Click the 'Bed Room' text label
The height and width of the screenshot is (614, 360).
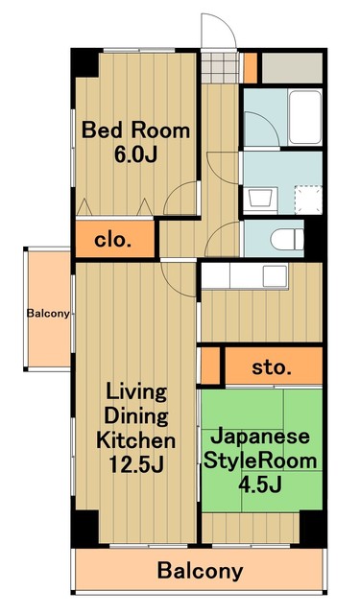(135, 130)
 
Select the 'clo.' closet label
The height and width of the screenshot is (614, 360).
(112, 239)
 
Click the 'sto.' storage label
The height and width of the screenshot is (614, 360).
(273, 366)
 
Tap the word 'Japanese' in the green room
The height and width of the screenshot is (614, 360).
(259, 436)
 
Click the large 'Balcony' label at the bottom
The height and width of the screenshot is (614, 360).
(200, 572)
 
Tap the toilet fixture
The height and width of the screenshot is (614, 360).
(286, 237)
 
